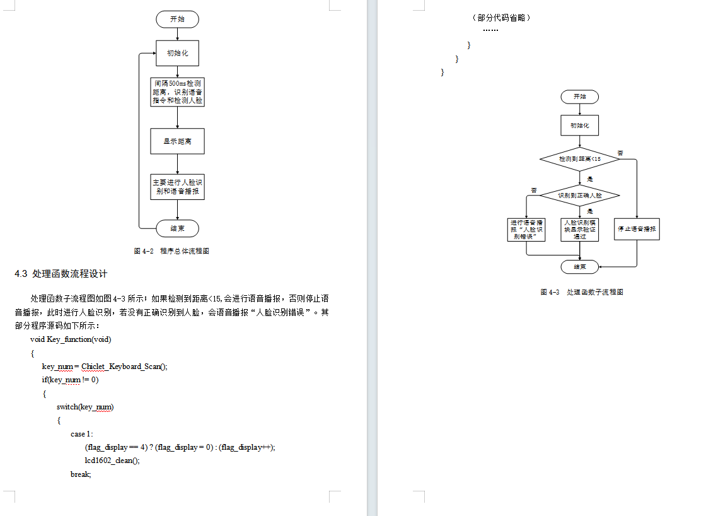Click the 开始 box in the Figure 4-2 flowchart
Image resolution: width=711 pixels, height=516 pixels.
pos(177,20)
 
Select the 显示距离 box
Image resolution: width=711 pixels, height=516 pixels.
pos(177,141)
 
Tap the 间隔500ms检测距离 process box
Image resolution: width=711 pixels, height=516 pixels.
pos(177,91)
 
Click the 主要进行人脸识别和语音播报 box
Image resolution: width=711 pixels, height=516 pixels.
pos(177,187)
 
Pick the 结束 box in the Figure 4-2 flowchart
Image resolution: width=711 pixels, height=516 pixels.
pos(177,228)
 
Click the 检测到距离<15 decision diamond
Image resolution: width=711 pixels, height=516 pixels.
pos(580,159)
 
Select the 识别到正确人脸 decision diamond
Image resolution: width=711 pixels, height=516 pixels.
pos(580,196)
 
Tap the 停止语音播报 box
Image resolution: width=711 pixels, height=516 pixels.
pos(637,228)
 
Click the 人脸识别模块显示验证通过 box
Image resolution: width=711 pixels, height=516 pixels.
pos(580,229)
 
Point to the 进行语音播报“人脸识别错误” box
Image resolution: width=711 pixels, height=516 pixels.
pos(526,229)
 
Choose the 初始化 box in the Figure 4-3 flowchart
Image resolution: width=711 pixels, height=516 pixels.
pos(580,126)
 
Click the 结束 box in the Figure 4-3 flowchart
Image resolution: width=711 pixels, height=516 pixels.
pos(580,267)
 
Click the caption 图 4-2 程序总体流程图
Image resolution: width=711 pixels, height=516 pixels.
pos(171,251)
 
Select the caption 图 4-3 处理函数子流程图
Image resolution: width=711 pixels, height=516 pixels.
pos(581,292)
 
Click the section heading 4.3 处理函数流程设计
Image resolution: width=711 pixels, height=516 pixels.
pos(61,274)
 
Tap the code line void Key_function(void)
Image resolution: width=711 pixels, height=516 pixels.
pos(71,339)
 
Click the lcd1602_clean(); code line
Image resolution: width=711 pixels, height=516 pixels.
pos(112,460)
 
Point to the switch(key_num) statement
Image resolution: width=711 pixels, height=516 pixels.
pos(85,407)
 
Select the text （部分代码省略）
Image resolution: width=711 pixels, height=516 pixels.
pos(501,18)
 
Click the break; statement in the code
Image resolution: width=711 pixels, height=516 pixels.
pos(81,474)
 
